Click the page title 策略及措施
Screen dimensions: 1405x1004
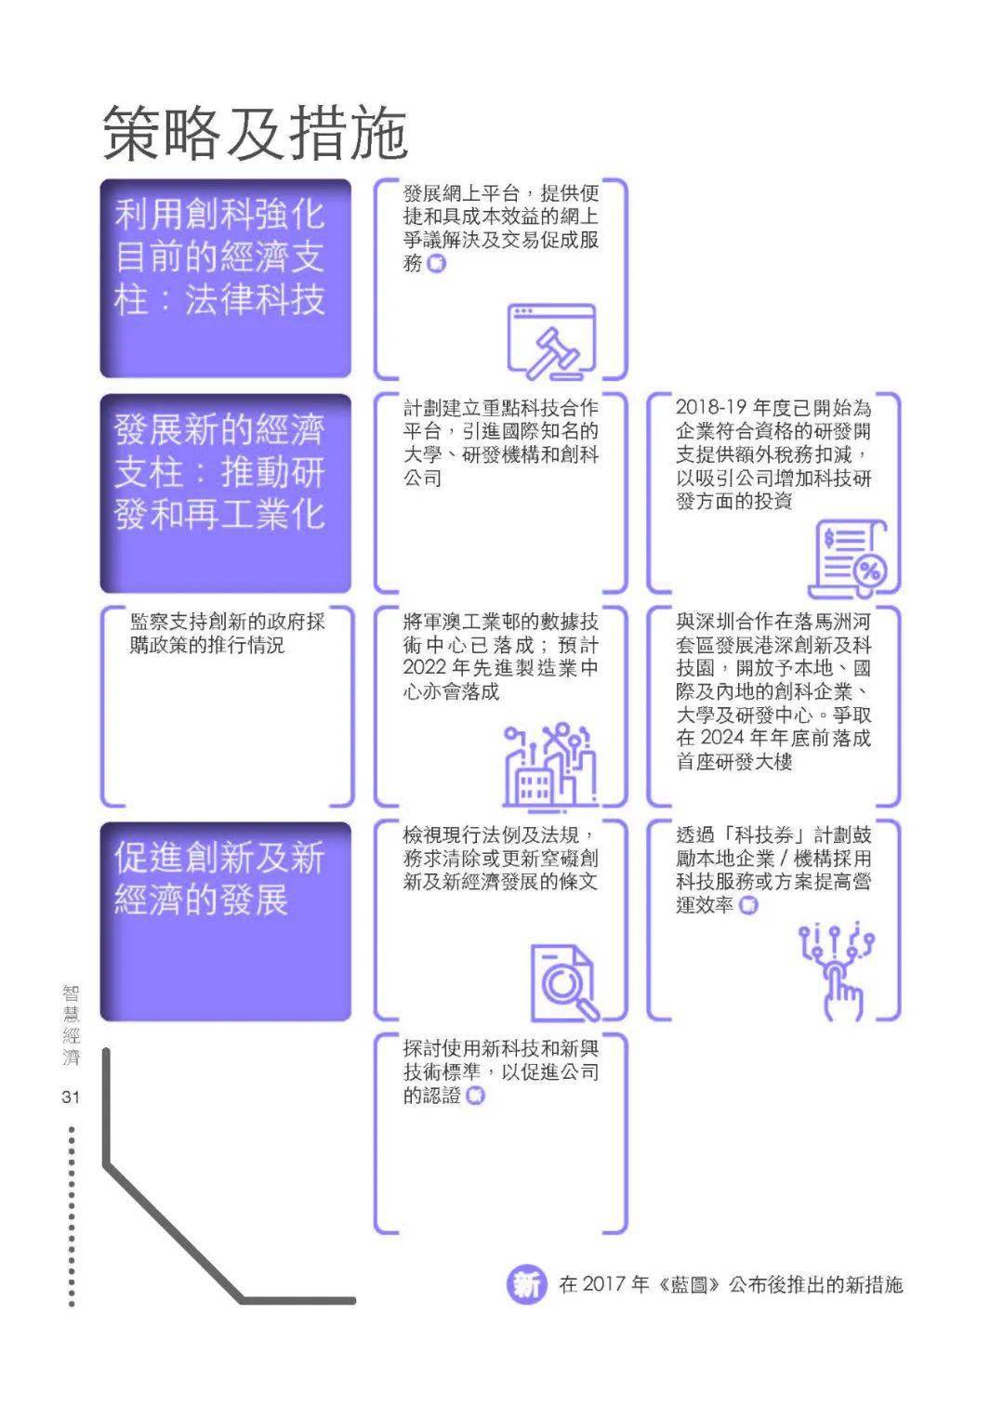255,132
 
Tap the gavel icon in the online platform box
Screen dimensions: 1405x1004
550,342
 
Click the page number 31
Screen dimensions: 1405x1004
71,1097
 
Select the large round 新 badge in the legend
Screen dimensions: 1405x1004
526,1285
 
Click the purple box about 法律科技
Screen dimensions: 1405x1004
225,278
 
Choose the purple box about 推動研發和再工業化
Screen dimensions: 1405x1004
225,492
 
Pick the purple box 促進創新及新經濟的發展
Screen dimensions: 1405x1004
225,920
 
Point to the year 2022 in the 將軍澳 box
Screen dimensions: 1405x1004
425,669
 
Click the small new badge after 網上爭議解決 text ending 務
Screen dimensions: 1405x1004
436,264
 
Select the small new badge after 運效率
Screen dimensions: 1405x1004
748,905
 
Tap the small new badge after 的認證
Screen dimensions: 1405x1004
475,1096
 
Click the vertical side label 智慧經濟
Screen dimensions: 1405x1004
72,1026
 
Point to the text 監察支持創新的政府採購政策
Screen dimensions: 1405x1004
227,633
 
